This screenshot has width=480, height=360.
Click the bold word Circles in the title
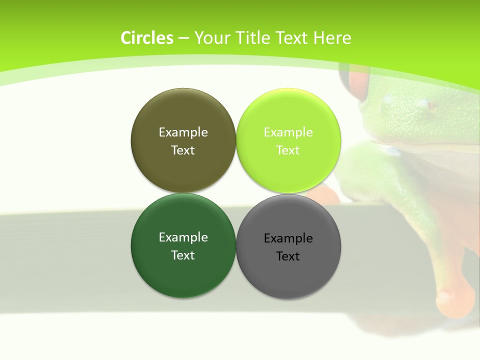tap(147, 38)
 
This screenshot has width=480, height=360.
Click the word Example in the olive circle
tap(183, 132)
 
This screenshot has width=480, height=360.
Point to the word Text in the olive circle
tap(183, 150)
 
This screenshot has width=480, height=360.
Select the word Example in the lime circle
tap(288, 132)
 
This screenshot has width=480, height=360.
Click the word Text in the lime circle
tap(288, 150)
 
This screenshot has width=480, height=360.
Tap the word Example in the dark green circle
tap(183, 237)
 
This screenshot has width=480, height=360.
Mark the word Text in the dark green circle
tap(183, 255)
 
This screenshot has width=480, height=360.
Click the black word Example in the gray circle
tap(288, 238)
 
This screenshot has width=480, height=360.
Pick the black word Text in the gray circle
tap(288, 256)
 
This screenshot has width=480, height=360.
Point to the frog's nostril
tap(429, 105)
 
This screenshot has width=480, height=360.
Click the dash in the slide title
tap(183, 38)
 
